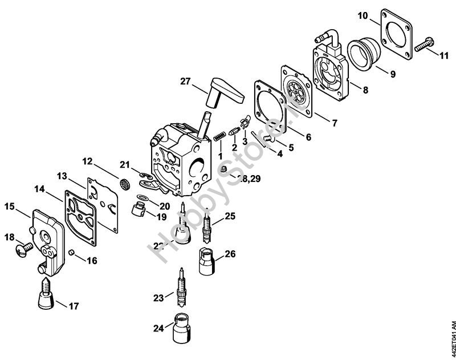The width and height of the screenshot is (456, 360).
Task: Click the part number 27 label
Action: click(x=185, y=82)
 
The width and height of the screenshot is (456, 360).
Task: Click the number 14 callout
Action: click(x=39, y=188)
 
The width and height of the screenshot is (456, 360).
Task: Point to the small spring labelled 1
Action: click(x=219, y=137)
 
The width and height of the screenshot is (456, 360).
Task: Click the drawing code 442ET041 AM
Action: click(x=450, y=337)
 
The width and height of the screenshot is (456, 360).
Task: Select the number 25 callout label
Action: click(x=230, y=216)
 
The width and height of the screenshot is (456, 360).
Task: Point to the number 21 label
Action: click(x=125, y=165)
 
